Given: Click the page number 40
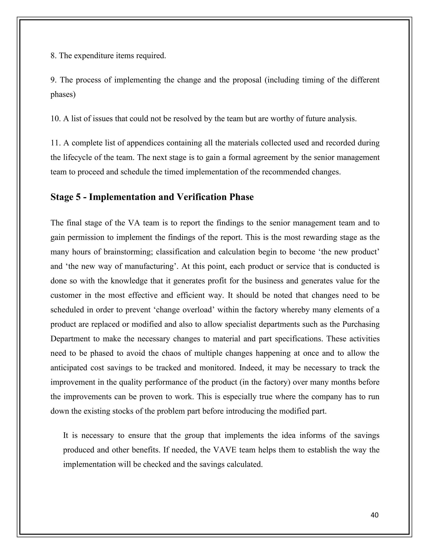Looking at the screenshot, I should (374, 515).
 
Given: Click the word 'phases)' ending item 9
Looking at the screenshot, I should (63, 95).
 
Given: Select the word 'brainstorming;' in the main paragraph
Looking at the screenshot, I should (128, 252).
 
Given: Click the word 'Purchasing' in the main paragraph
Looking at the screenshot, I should (361, 324).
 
